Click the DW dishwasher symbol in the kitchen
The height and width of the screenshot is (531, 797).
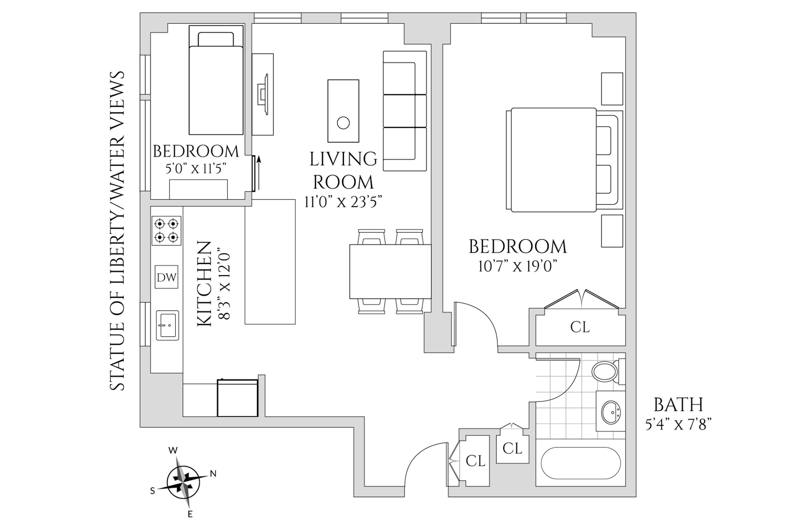point(166,277)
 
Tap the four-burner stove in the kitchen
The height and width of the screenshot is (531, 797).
point(166,231)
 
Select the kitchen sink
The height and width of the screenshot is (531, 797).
point(167,325)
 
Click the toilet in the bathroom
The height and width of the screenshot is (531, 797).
point(606,372)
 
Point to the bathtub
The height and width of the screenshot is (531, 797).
point(580,463)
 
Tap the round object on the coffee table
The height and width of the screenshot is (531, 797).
point(343,123)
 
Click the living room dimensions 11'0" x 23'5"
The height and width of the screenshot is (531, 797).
point(343,202)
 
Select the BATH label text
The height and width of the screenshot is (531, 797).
point(678,404)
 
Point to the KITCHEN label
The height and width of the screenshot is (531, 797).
point(204,284)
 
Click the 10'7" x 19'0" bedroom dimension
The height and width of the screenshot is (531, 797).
point(517,267)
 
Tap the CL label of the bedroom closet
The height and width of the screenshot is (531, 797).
point(580,327)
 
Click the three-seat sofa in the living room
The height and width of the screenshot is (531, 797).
point(405,111)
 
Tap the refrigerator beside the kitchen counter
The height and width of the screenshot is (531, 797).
point(238,398)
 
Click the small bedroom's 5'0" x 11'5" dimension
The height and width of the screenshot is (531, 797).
point(195,169)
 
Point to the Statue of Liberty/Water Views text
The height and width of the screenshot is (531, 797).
point(117,231)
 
